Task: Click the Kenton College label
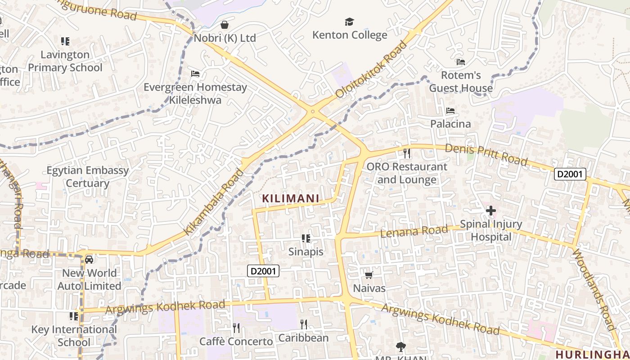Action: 350,35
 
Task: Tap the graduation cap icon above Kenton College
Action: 349,22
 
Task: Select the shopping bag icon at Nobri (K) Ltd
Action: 225,25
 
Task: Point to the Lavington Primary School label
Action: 65,61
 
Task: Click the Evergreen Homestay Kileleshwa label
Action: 195,93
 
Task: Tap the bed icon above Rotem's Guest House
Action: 461,62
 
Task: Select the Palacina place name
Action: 450,124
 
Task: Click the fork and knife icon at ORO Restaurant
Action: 407,153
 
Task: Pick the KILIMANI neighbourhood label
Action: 291,198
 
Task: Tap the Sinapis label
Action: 306,252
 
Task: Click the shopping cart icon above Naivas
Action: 369,275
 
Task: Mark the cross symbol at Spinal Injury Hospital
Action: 490,210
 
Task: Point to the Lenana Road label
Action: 414,232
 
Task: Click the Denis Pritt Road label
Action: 486,154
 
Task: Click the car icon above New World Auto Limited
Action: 89,260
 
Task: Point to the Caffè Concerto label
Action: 236,342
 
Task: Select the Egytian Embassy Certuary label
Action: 88,177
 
